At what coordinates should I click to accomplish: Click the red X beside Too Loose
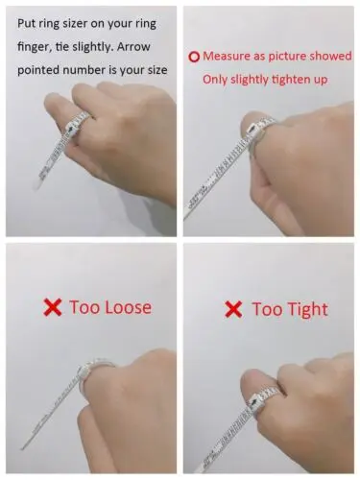pos(52,307)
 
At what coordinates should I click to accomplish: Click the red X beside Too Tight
pos(233,309)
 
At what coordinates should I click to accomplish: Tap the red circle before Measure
pos(194,57)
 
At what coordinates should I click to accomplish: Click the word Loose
pos(128,307)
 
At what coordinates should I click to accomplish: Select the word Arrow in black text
pos(133,47)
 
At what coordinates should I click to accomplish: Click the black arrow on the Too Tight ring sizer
pos(254,401)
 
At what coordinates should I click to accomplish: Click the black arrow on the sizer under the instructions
pos(69,129)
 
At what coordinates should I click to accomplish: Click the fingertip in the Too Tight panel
pos(252,382)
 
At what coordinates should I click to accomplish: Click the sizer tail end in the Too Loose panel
pos(22,448)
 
